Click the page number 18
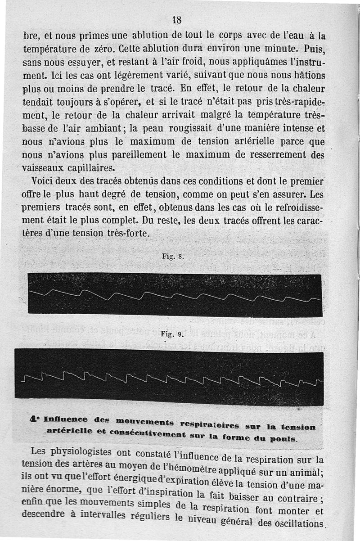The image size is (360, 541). coord(176,19)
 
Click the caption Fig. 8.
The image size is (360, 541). coord(173,257)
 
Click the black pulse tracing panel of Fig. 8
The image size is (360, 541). coord(174,293)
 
